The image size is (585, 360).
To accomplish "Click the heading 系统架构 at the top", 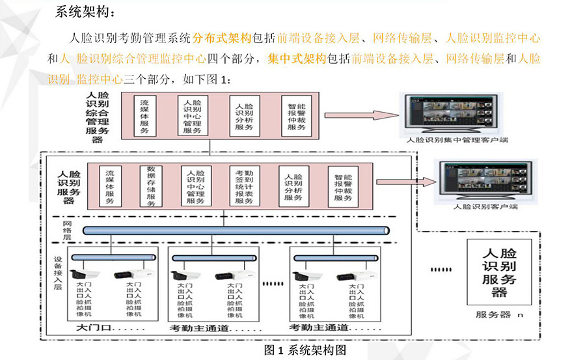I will point(85,12).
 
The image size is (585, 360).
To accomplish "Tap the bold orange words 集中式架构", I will point(296,59).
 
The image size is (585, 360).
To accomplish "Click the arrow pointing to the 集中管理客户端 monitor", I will point(361,115).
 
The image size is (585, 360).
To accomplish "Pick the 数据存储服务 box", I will point(150,186).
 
